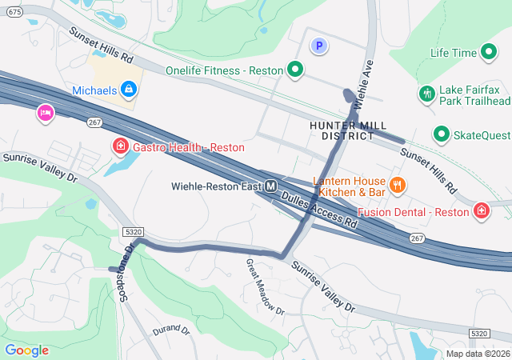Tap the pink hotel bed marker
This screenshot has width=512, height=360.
tap(45, 113)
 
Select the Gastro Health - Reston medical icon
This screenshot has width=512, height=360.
tap(121, 146)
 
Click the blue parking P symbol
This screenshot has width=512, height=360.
tap(319, 47)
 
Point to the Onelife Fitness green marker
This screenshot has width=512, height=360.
tap(294, 70)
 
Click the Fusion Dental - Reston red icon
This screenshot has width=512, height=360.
tap(482, 211)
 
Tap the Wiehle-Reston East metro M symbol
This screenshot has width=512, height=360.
tap(271, 186)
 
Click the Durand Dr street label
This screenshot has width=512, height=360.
tap(170, 329)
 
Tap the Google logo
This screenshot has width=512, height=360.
tap(26, 350)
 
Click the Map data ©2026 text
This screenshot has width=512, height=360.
tap(478, 354)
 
